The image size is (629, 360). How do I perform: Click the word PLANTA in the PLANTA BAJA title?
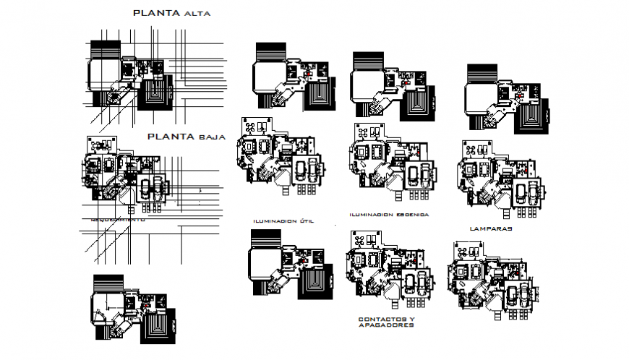(x=170, y=135)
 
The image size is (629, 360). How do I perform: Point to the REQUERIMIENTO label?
(x=118, y=218)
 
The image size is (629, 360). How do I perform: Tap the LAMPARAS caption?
(x=490, y=228)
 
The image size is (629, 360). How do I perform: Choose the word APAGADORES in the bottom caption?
(x=386, y=325)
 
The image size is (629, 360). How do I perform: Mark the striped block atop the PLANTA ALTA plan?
(x=106, y=50)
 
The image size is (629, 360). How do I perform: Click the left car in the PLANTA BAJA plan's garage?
(x=145, y=187)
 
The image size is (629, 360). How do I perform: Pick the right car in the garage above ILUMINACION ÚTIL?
(x=311, y=172)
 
